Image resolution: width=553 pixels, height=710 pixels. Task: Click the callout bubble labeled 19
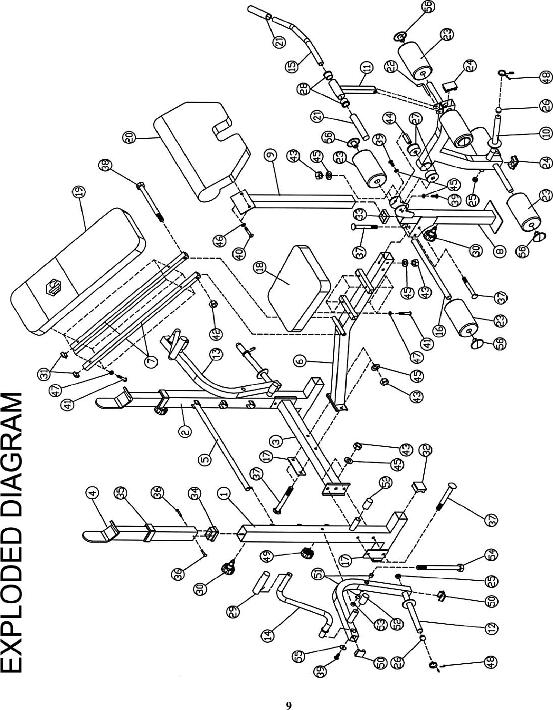[x=80, y=192]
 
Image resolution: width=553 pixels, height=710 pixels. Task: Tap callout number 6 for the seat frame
[x=300, y=362]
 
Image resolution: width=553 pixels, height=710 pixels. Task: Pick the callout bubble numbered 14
[x=267, y=635]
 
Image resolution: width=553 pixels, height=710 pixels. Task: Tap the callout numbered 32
[x=425, y=450]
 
